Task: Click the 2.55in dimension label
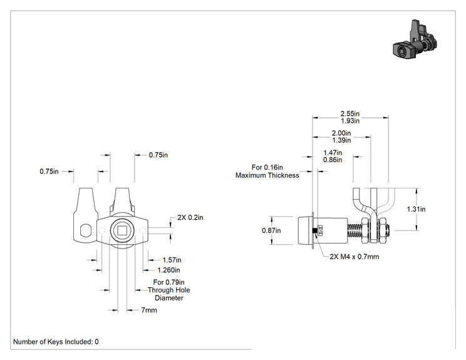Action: [x=349, y=113]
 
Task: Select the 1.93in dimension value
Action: [x=349, y=121]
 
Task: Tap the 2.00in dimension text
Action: [x=341, y=133]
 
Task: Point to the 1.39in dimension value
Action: [x=341, y=140]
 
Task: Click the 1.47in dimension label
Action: [x=333, y=153]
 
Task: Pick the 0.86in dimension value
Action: [x=333, y=160]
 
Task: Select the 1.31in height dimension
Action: [x=416, y=209]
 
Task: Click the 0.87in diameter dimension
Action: [x=271, y=230]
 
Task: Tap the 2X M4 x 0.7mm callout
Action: [x=355, y=257]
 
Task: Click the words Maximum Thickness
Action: [x=267, y=175]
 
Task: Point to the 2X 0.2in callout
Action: [x=190, y=217]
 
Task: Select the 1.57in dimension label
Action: [x=172, y=260]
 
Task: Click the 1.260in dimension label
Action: [x=168, y=270]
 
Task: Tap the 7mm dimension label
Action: [x=149, y=310]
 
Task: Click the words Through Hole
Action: [x=169, y=290]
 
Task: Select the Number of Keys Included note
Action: [x=56, y=342]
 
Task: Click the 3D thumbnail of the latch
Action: [x=415, y=39]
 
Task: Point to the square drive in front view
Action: [x=122, y=230]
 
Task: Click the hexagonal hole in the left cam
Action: [x=86, y=230]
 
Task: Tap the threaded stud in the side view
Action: [x=355, y=230]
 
